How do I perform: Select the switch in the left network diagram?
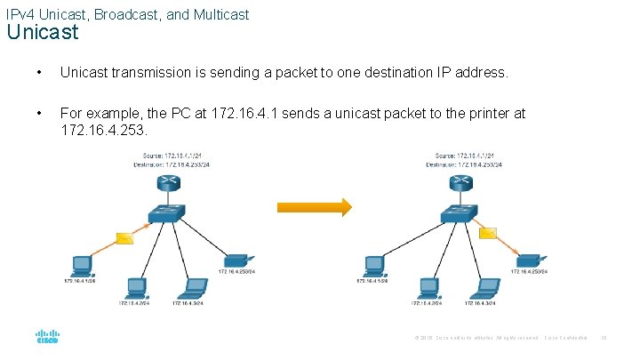[x=166, y=213]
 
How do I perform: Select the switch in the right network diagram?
[x=459, y=213]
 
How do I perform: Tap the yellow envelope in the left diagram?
[x=124, y=238]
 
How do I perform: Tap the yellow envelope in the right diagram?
[x=487, y=234]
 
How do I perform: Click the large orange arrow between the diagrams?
[x=314, y=207]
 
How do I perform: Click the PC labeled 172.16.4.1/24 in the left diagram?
[x=82, y=264]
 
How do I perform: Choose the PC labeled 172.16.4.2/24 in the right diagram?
[x=427, y=287]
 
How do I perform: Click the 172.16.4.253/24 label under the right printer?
[x=529, y=272]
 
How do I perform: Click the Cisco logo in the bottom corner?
[x=47, y=338]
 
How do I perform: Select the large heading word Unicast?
[x=43, y=33]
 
